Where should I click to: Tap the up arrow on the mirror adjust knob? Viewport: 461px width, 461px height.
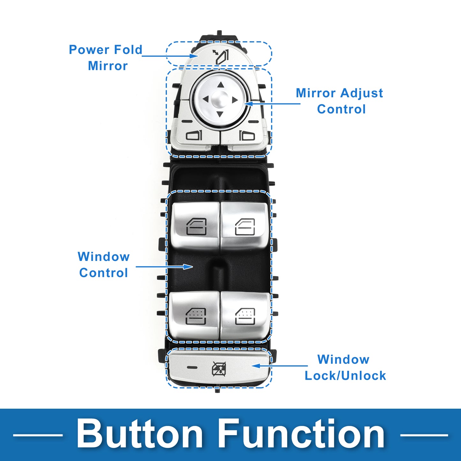coord(220,85)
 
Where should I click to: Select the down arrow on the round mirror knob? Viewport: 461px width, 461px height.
coord(220,114)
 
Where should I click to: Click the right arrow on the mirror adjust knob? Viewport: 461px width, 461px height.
coord(235,100)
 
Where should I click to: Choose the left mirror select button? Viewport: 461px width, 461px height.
coord(194,136)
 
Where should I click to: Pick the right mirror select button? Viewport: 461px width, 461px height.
coord(247,136)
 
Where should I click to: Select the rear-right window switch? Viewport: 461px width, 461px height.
coord(245,316)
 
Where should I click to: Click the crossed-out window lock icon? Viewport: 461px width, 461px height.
coord(219,369)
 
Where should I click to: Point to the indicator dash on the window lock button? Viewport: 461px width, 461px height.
coord(192,367)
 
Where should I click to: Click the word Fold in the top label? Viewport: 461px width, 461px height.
coord(128,50)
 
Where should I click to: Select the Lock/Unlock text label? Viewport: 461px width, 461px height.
coord(345,375)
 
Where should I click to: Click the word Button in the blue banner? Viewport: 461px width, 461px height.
coord(139,434)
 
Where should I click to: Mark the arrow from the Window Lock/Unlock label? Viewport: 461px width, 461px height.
coord(280,366)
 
